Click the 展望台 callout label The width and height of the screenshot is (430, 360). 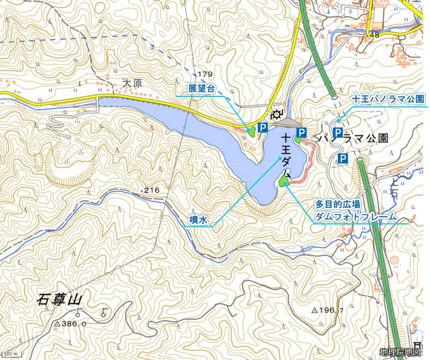point(202,89)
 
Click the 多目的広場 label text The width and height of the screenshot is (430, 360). point(338,204)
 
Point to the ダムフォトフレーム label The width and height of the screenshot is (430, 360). point(355,216)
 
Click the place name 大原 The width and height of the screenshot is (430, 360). point(133,82)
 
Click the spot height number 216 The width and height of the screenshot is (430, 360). point(152,191)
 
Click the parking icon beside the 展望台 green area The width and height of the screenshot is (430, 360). point(262,127)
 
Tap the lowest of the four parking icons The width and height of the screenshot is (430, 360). point(343,158)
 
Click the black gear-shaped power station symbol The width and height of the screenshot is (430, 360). point(277,115)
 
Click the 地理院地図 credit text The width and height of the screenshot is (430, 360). point(400,352)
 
